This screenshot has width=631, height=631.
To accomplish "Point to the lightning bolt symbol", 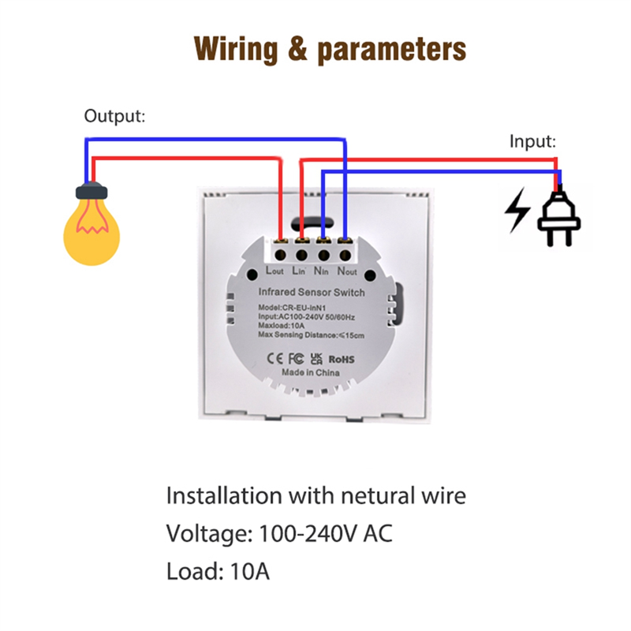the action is (x=517, y=210).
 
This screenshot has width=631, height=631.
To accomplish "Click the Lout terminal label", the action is (x=274, y=271).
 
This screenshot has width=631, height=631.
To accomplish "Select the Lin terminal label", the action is (x=299, y=271).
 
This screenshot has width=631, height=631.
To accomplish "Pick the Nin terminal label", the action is (x=321, y=271).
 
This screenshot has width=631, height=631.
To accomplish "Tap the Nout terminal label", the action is (x=347, y=271).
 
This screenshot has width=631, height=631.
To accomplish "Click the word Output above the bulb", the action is (x=114, y=116).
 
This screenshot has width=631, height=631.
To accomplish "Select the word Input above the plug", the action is (x=532, y=142).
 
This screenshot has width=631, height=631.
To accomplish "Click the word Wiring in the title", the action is (x=236, y=50).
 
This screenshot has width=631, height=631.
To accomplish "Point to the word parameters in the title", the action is (x=391, y=50).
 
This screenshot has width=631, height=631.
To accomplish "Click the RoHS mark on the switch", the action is (x=342, y=360).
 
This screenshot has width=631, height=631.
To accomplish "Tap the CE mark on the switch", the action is (x=275, y=358).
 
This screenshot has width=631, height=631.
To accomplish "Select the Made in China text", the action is (x=310, y=372).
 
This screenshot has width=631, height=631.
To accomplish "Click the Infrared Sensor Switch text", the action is (x=312, y=293).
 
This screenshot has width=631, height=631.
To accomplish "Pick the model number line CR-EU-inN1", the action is (x=292, y=308).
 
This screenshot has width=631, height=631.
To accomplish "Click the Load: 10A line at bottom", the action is (x=218, y=571).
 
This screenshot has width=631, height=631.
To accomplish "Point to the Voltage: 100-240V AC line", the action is (x=279, y=534).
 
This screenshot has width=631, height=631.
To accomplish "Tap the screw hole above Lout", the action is (x=281, y=255).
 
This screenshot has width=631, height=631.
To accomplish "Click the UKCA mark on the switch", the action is (x=317, y=359).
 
